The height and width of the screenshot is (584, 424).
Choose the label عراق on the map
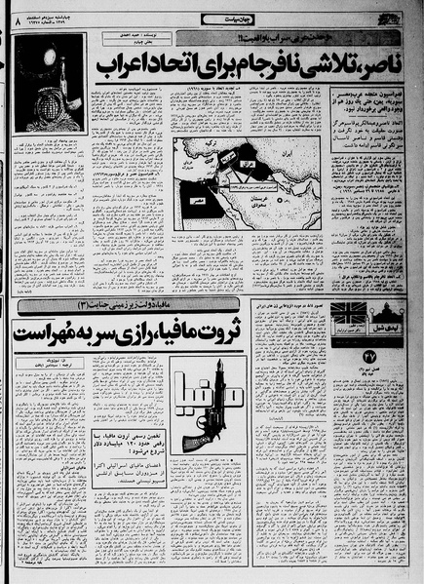tap(245, 158)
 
